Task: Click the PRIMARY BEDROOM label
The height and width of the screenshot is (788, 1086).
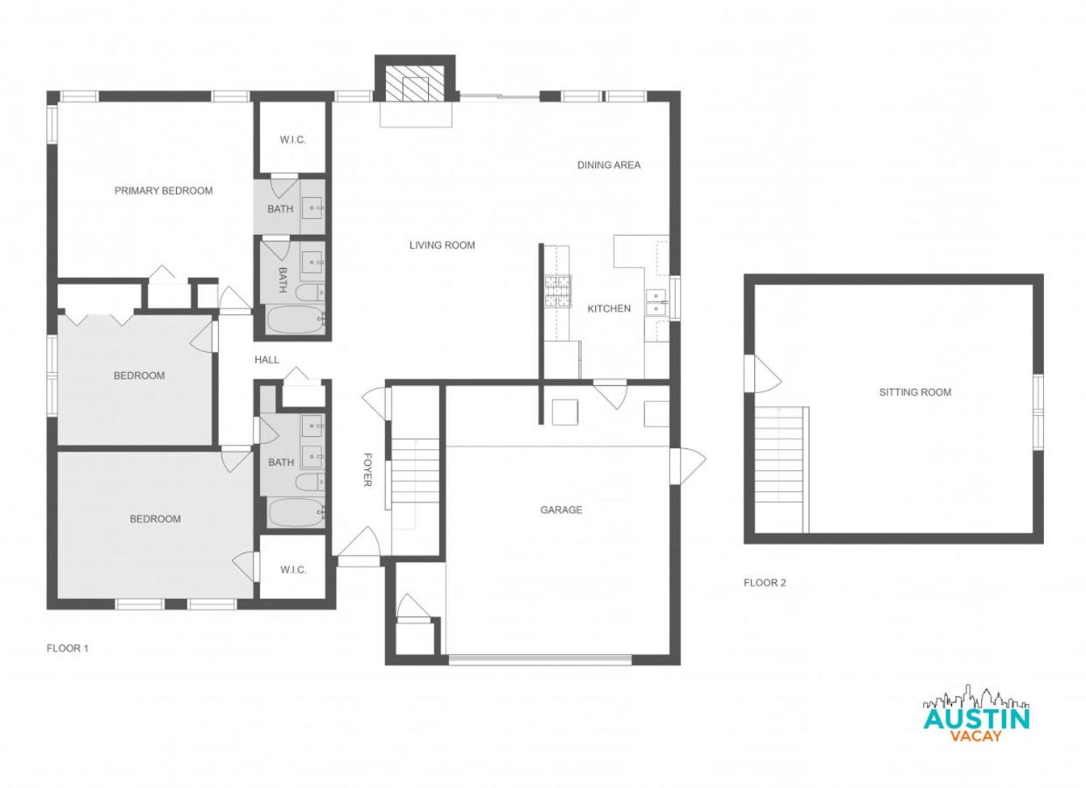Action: [x=164, y=191]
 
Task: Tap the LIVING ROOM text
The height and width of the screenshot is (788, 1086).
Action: [x=442, y=245]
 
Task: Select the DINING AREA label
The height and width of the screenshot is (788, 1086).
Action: [x=608, y=165]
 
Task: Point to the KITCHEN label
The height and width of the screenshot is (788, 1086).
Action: [x=609, y=308]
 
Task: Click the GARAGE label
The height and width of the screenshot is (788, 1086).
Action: [x=561, y=510]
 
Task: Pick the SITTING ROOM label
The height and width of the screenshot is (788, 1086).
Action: [x=914, y=392]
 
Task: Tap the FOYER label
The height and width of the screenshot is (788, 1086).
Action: [x=368, y=469]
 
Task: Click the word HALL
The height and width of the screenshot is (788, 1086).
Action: [x=267, y=360]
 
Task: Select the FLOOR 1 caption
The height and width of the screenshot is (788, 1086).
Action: [x=67, y=648]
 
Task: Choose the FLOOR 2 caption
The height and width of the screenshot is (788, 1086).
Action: [x=765, y=582]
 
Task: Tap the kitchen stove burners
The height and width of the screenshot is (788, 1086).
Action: [x=557, y=292]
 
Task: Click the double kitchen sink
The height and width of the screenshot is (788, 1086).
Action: [x=656, y=302]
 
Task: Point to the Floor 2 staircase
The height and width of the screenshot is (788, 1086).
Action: [x=780, y=469]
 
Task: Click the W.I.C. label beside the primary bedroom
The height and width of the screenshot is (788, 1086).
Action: [x=292, y=140]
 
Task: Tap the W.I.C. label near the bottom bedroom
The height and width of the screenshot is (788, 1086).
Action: [x=293, y=569]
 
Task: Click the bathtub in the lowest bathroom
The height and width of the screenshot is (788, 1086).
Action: [x=295, y=513]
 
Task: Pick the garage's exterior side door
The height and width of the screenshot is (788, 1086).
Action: [x=688, y=466]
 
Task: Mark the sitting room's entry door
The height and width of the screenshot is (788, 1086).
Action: [x=762, y=374]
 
